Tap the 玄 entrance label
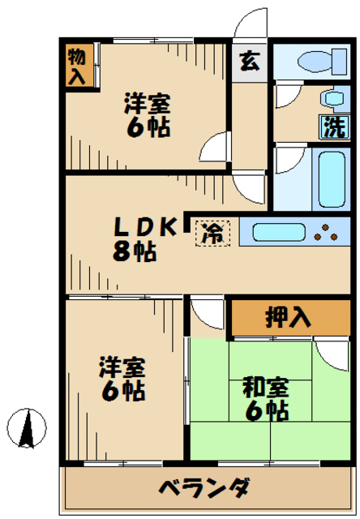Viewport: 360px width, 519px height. (248, 62)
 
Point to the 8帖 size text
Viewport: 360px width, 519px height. (135, 252)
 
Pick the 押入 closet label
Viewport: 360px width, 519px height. (288, 317)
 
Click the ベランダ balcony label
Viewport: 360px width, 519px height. (202, 490)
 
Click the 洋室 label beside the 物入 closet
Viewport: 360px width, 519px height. (147, 104)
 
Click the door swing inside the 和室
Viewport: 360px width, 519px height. (332, 353)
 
